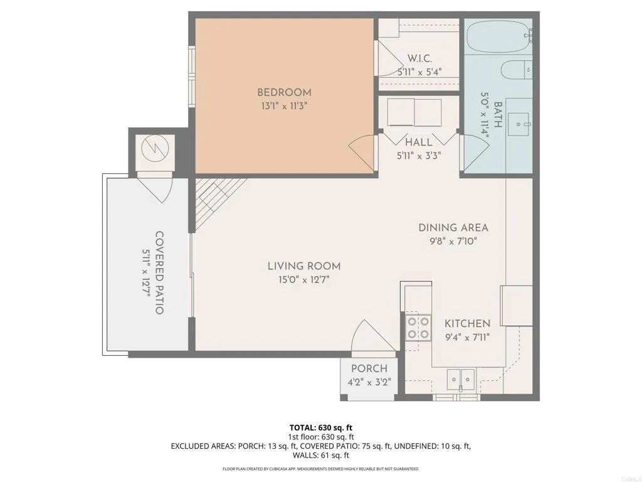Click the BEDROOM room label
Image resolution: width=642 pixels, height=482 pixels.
click(x=284, y=92)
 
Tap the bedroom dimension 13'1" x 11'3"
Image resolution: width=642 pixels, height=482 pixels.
click(x=284, y=106)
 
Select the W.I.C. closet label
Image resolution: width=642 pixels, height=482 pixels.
click(x=419, y=58)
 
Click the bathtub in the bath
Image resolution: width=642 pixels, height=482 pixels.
click(x=498, y=38)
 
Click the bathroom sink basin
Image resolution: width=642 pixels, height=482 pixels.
click(x=519, y=123)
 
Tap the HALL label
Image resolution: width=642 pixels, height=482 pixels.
click(x=419, y=142)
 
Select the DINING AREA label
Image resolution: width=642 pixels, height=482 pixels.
click(x=453, y=228)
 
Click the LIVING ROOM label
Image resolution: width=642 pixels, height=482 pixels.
click(x=304, y=266)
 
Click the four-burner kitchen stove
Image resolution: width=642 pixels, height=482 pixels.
click(x=418, y=327)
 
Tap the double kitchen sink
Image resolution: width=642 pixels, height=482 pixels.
click(x=461, y=378)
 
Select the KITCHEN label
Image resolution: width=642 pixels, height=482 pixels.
click(x=467, y=323)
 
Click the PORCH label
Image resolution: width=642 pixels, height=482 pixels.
click(x=369, y=368)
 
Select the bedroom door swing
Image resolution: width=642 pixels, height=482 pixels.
click(x=361, y=153)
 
